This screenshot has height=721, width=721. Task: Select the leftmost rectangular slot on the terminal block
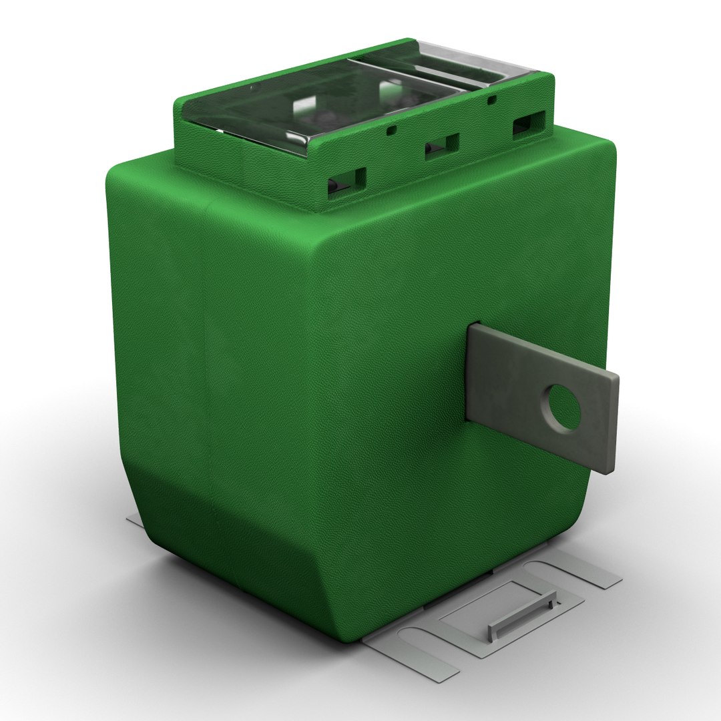click(346, 181)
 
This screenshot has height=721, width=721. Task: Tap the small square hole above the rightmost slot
click(491, 100)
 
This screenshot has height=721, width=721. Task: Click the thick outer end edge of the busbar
click(613, 427)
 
